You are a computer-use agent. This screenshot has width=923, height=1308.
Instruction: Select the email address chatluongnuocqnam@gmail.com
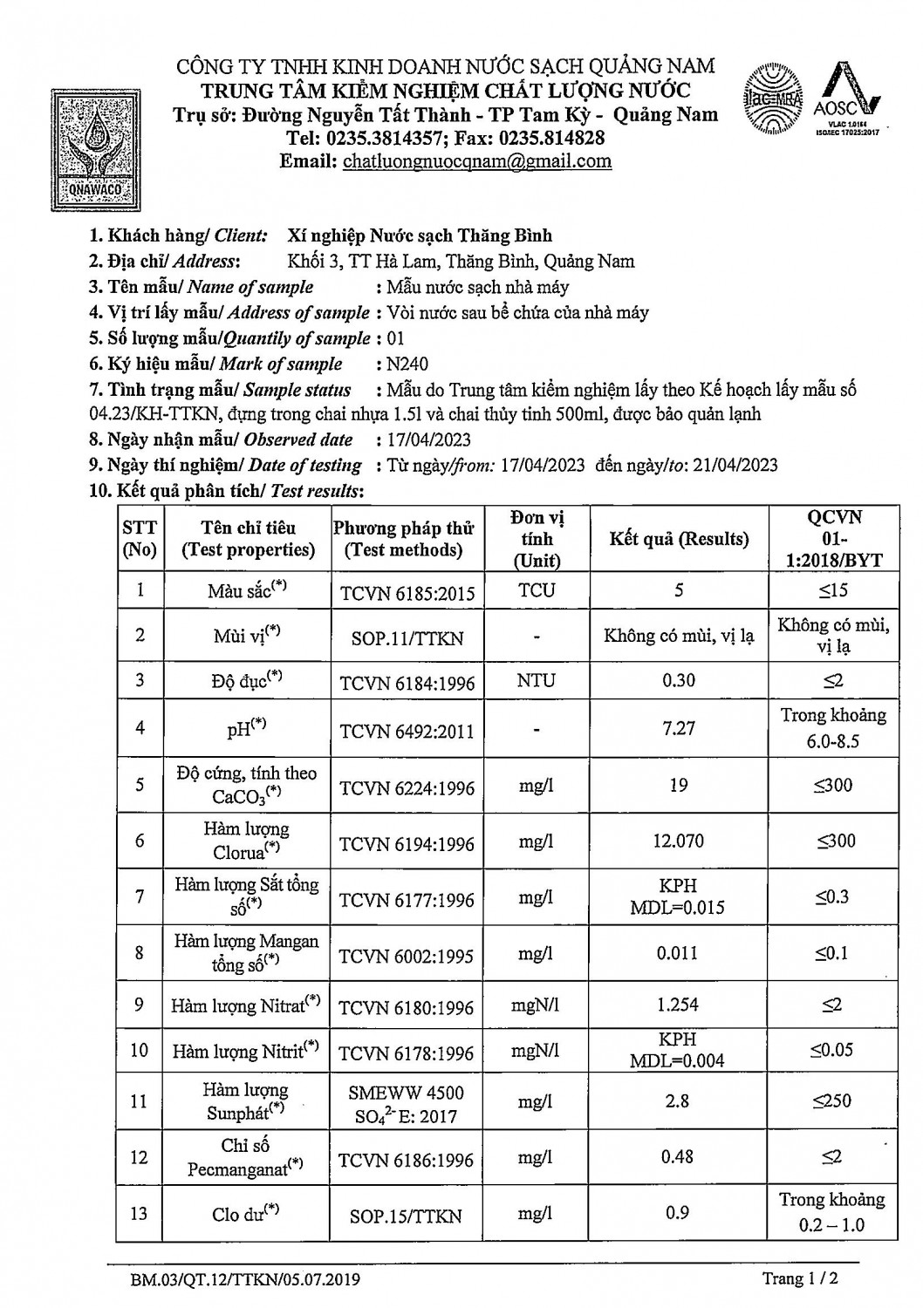(x=477, y=161)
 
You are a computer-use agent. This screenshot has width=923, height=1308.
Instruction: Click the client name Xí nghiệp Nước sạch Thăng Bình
(x=420, y=235)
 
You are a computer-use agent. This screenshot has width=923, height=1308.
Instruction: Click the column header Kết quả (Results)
(x=679, y=539)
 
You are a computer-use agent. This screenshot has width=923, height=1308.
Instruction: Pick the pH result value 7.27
(x=679, y=728)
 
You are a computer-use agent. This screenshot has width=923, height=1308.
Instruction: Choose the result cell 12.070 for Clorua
(x=679, y=841)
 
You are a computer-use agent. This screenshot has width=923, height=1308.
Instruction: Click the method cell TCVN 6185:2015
(x=407, y=594)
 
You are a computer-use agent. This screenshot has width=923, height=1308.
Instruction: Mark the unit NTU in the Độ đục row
(x=536, y=680)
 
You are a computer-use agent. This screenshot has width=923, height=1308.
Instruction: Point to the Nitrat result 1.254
(x=678, y=1005)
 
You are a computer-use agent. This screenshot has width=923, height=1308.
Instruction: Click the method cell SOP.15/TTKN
(x=406, y=1216)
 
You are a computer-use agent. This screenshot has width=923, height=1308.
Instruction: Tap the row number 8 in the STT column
(x=140, y=952)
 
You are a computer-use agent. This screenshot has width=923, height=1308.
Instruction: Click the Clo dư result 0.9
(x=678, y=1213)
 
